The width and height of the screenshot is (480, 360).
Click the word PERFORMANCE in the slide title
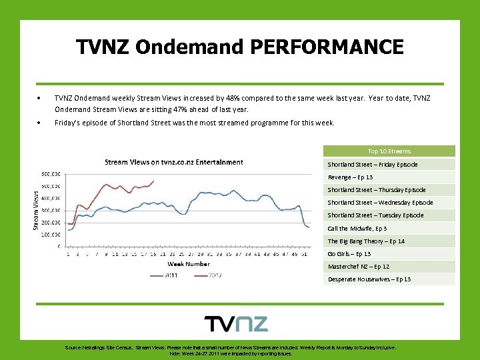click(x=327, y=47)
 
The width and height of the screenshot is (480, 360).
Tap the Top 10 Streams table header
click(x=389, y=151)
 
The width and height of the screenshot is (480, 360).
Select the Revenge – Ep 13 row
click(x=351, y=177)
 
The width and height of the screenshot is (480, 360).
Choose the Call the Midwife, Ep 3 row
click(x=357, y=228)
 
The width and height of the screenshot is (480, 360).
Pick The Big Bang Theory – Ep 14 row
click(x=366, y=241)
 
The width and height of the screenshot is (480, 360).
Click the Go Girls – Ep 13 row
click(x=349, y=253)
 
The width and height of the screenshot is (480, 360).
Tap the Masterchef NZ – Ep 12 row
click(x=358, y=266)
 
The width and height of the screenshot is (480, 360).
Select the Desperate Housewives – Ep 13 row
click(x=369, y=279)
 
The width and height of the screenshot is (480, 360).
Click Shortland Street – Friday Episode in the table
click(x=372, y=164)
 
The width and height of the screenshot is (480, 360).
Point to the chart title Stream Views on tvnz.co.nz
click(x=173, y=162)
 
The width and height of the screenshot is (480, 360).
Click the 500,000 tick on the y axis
click(x=51, y=174)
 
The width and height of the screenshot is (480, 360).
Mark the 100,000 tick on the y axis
click(x=51, y=235)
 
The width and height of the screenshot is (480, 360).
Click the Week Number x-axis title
click(x=188, y=264)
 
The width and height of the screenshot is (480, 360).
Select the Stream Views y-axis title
click(x=37, y=209)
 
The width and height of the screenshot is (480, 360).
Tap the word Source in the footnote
click(x=73, y=348)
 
